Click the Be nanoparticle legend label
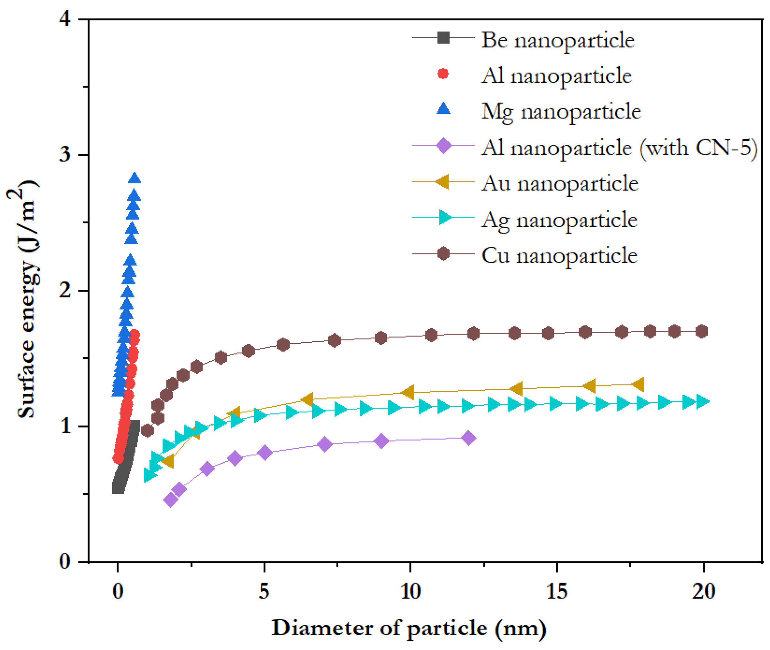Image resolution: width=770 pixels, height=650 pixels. point(558,40)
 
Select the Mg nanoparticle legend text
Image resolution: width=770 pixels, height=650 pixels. point(561,112)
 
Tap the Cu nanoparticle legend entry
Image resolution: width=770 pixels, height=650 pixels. point(559,255)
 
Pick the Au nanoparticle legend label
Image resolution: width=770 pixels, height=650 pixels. point(559,183)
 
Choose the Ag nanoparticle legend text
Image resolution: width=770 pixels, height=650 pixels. point(559,220)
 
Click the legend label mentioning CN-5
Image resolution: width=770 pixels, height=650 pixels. point(619,148)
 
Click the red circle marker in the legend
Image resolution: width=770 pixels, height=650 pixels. point(443,74)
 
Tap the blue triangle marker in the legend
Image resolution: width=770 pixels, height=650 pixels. point(443,109)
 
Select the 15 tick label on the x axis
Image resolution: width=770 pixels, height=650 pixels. point(556,592)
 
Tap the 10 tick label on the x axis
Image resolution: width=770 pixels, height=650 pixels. point(410,592)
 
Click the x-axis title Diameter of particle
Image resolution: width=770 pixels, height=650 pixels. point(409,628)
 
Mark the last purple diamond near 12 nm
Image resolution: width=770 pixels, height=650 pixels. point(468,438)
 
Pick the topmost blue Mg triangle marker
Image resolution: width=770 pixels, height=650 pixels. point(135,178)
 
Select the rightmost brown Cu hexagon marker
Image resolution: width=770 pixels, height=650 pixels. point(702,331)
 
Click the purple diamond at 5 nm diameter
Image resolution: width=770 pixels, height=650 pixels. point(265,453)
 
